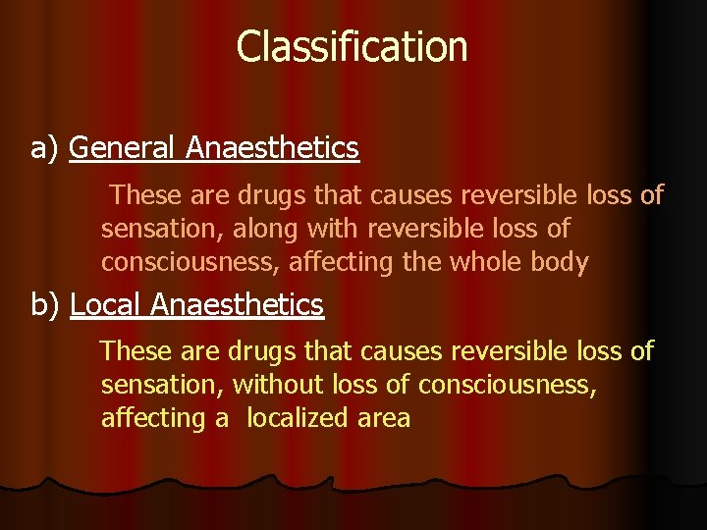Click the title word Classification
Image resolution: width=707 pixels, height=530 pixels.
click(352, 46)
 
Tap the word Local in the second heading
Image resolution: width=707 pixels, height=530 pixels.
click(107, 305)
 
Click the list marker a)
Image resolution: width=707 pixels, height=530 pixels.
click(47, 148)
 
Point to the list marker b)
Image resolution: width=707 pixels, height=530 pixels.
click(47, 305)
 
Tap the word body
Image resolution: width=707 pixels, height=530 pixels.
click(562, 262)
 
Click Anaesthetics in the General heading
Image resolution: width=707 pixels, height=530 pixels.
click(272, 148)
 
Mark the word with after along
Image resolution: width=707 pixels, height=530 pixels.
click(334, 229)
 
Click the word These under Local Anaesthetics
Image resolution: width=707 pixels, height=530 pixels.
click(136, 350)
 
